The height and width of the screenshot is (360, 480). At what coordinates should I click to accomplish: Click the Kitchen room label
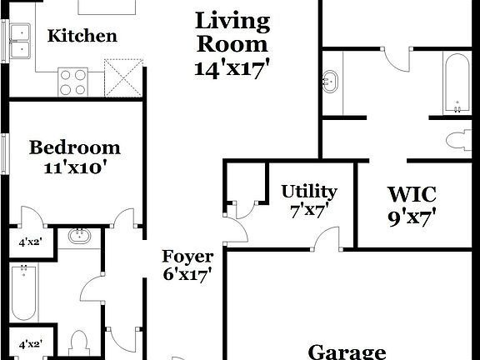[82, 36]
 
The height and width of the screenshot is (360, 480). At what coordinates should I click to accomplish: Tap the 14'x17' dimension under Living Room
[232, 68]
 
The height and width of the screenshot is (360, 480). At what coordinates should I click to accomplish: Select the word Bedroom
[75, 148]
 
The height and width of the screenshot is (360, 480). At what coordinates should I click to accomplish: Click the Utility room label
[308, 192]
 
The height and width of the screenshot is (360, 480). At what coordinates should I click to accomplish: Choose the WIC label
[412, 194]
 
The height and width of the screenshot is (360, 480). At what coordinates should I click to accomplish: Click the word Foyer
[187, 257]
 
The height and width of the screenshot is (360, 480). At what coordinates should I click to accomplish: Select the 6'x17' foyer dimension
[187, 274]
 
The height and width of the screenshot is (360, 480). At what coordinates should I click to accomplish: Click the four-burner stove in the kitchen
[72, 81]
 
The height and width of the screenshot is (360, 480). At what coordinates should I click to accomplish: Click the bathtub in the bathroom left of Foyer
[22, 292]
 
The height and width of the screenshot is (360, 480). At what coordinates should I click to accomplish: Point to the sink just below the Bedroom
[81, 236]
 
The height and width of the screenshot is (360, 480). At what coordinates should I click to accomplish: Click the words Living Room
[232, 32]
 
